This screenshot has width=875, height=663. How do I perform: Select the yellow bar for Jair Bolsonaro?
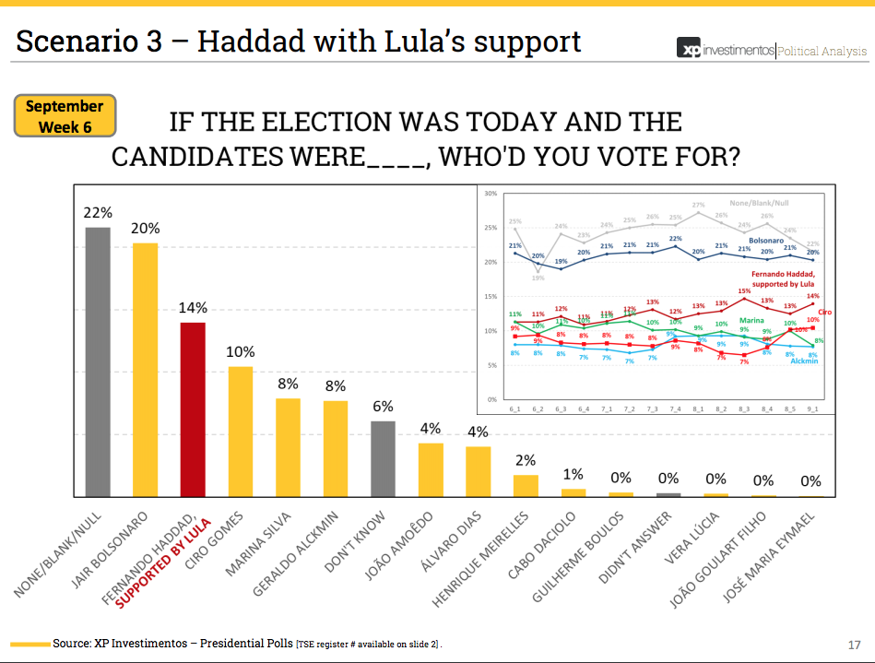point(146,370)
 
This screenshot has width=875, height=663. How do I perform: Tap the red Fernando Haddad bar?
point(193,409)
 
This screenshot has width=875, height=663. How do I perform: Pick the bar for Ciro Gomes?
point(241,432)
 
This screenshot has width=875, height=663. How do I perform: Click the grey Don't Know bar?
point(383,459)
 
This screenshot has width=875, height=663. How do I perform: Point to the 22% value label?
point(98,212)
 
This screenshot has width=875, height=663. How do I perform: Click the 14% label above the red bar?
point(194,307)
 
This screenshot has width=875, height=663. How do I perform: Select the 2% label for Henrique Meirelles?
point(526,460)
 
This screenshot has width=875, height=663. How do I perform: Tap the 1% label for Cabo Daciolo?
point(573,474)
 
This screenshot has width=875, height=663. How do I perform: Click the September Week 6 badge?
point(65,116)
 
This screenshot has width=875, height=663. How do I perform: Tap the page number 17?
point(854,644)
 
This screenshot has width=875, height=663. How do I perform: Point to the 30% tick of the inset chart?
point(490,194)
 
